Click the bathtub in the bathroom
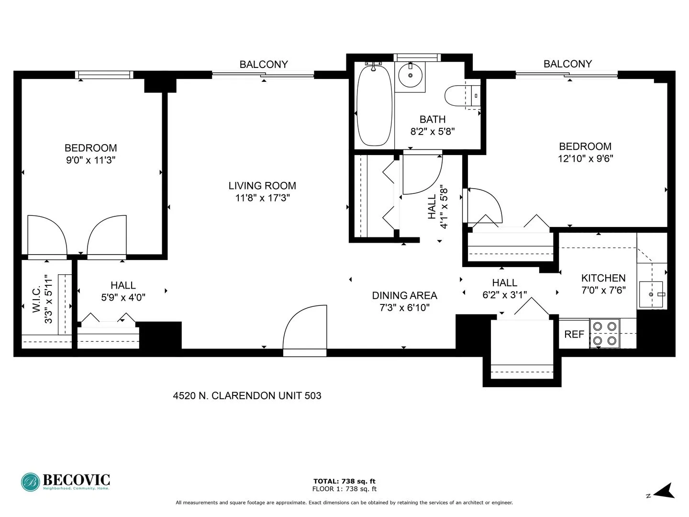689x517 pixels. coord(374,105)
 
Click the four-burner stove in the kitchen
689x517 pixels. coord(604,334)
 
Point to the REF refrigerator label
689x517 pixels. coord(574,334)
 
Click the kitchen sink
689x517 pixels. coord(651,294)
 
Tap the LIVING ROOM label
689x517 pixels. coord(262,186)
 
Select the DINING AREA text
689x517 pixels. coord(404,295)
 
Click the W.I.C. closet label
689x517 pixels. coord(37,300)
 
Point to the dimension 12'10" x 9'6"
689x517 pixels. coord(585,158)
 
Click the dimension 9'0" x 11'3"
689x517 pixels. coord(91,160)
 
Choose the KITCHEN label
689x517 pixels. coord(603,278)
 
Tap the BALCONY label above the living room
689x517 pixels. coord(264,65)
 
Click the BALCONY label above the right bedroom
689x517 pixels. coord(567,64)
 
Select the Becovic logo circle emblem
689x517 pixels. coord(30,482)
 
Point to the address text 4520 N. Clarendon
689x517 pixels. coord(247,396)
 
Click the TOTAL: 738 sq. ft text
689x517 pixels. coord(344,481)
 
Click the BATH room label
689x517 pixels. coord(433,119)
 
